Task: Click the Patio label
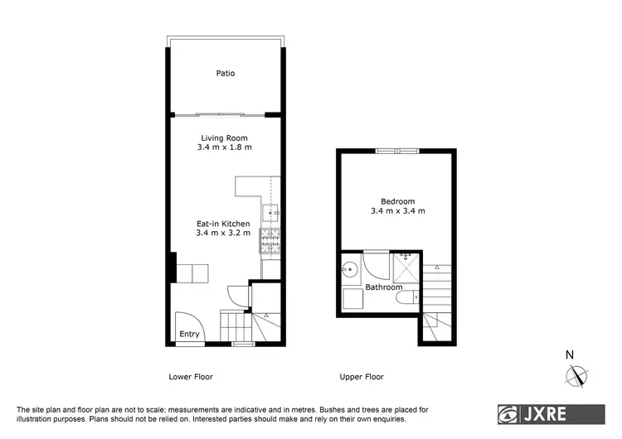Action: pyautogui.click(x=226, y=74)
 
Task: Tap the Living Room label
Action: pyautogui.click(x=225, y=138)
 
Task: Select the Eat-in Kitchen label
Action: pyautogui.click(x=223, y=224)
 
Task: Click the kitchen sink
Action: pyautogui.click(x=272, y=213)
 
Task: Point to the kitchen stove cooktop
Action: pyautogui.click(x=271, y=241)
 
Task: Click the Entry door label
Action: pyautogui.click(x=190, y=335)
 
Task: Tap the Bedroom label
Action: pyautogui.click(x=397, y=201)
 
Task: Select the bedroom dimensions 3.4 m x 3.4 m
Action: pyautogui.click(x=397, y=211)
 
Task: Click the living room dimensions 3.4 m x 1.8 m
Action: pyautogui.click(x=225, y=147)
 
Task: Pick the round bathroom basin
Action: pyautogui.click(x=349, y=268)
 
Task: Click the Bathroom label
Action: pyautogui.click(x=384, y=287)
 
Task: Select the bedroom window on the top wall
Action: pyautogui.click(x=397, y=151)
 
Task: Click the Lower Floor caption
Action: pyautogui.click(x=191, y=377)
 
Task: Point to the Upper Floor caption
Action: pyautogui.click(x=362, y=377)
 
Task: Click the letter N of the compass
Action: pyautogui.click(x=570, y=355)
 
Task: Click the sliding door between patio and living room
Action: pyautogui.click(x=226, y=114)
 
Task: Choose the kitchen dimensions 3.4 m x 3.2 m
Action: pyautogui.click(x=223, y=233)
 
